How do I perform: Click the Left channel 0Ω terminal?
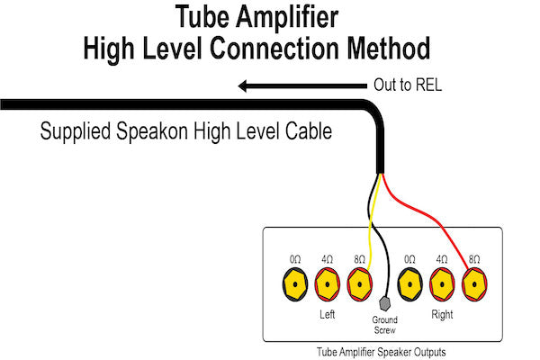coord(294,287)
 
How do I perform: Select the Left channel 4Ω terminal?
coord(327,287)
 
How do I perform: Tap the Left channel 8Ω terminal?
coord(360,287)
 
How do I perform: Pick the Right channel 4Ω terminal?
coord(441,287)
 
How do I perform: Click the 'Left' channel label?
coord(328,316)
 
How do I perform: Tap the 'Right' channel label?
coord(441,316)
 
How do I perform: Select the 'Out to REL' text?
coord(408,86)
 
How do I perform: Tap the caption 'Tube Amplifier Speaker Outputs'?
coord(382,351)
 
